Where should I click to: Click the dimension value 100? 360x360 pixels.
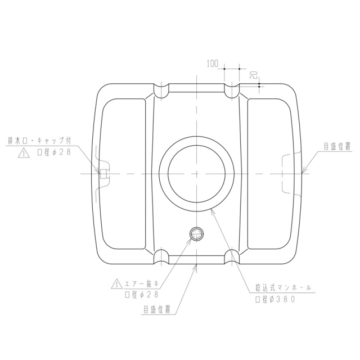(x=213, y=64)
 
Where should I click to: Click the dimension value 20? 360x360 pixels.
(x=254, y=75)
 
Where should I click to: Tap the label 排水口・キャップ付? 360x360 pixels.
(x=39, y=141)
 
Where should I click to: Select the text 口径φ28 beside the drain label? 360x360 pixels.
(x=54, y=152)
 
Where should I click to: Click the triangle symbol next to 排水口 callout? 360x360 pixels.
(x=24, y=153)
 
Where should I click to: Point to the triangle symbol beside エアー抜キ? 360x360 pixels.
(x=117, y=283)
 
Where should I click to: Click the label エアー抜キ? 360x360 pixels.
(x=142, y=284)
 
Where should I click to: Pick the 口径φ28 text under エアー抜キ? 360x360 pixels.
(x=142, y=295)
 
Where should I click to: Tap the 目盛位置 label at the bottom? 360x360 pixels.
(x=157, y=309)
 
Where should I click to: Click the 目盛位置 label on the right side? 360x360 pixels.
(x=337, y=146)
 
